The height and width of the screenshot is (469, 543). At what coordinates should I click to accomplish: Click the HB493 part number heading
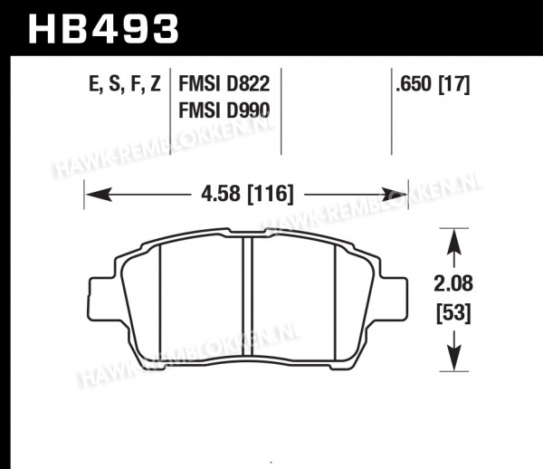[x=103, y=29]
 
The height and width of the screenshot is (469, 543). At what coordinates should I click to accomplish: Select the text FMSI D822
[x=224, y=84]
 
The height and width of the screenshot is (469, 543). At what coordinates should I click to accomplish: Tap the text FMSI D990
[x=224, y=110]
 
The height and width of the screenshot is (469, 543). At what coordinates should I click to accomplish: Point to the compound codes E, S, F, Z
[x=125, y=84]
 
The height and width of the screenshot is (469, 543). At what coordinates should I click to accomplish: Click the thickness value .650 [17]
[x=433, y=84]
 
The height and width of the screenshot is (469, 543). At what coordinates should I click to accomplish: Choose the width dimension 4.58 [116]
[x=247, y=194]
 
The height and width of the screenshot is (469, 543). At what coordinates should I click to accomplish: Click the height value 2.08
[x=453, y=283]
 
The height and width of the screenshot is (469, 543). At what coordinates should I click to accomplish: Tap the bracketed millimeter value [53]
[x=453, y=313]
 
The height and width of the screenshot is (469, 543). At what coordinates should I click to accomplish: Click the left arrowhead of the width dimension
[x=99, y=195]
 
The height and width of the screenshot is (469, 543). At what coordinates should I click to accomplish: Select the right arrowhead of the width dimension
[x=394, y=195]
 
